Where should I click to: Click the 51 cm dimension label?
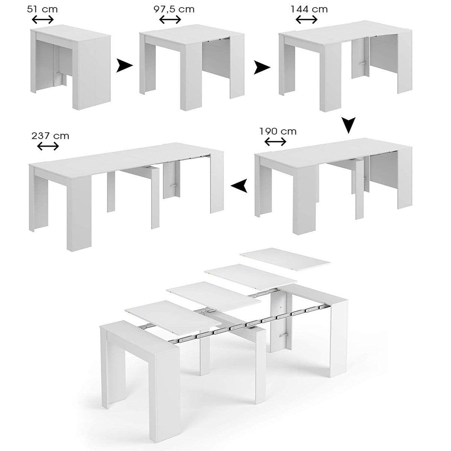42,9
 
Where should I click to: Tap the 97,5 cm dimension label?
174,9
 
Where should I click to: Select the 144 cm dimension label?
309,9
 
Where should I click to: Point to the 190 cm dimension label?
278,131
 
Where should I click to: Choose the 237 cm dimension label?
50,135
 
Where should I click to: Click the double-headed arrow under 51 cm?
42,20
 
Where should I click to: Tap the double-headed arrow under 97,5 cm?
170,20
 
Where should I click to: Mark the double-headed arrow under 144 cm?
307,20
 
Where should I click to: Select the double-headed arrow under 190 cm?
275,142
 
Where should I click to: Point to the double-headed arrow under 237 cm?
48,146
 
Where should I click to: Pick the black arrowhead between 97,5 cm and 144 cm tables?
262,68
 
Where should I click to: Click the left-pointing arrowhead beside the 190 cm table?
239,185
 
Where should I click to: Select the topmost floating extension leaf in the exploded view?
285,259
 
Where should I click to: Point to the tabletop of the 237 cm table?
124,158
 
